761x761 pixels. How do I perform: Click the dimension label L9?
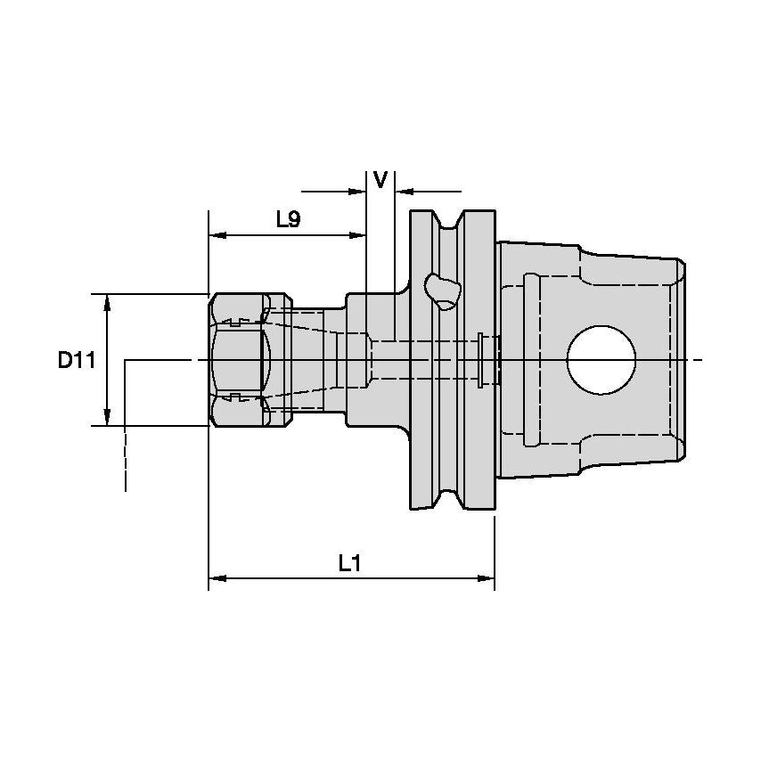pos(287,219)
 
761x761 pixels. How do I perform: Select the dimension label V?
pos(380,180)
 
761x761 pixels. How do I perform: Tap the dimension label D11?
pos(77,360)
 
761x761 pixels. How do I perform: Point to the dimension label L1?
pos(349,562)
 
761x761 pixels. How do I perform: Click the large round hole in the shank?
pos(602,360)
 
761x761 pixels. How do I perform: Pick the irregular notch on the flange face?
pos(442,290)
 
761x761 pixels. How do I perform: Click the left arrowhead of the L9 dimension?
pos(215,235)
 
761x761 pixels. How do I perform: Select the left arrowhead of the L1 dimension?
pos(215,578)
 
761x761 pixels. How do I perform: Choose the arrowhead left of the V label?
pos(360,191)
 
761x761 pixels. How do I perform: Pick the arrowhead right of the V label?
pos(402,191)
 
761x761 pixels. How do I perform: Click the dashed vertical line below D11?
pos(126,459)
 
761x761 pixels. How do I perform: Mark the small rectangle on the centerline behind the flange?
pos(482,360)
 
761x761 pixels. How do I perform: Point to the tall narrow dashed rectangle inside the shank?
pos(530,360)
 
